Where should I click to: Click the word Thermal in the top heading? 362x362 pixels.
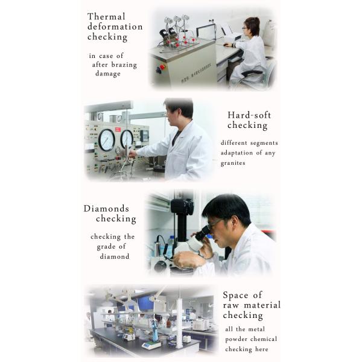click(106, 17)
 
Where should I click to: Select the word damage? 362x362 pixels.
click(108, 74)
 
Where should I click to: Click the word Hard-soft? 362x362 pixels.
click(249, 115)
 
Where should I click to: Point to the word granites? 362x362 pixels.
click(233, 164)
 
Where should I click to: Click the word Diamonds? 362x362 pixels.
click(106, 209)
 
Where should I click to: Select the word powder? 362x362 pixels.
click(236, 339)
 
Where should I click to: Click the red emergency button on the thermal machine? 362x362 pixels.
click(162, 67)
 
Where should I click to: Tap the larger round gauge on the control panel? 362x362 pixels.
click(107, 140)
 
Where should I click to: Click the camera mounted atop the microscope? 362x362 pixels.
click(182, 206)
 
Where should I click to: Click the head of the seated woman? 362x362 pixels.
click(252, 26)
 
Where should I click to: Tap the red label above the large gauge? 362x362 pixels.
click(118, 129)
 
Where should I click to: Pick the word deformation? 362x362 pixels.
click(115, 27)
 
